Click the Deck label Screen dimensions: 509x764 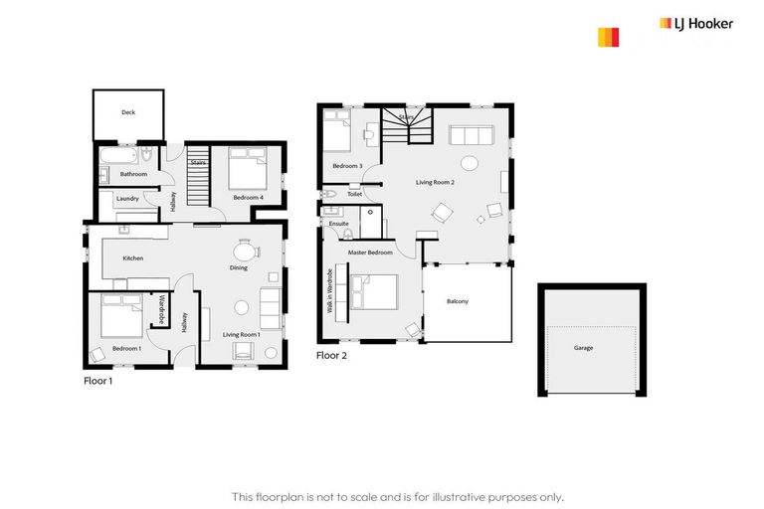(x=128, y=112)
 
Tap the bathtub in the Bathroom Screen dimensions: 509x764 (x=120, y=156)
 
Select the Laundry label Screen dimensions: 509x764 (x=127, y=198)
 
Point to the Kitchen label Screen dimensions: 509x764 (x=133, y=258)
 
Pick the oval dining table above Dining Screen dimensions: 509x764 (x=245, y=252)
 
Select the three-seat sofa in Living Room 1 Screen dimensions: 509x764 (x=270, y=307)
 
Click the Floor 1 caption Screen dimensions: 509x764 (x=97, y=380)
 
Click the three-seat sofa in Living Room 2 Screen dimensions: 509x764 (x=472, y=136)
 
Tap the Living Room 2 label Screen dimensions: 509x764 (x=435, y=182)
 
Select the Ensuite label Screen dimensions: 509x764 (x=339, y=224)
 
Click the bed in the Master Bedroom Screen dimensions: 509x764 (x=375, y=293)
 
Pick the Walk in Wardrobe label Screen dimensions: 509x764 (x=329, y=293)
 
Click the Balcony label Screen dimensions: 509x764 (x=458, y=301)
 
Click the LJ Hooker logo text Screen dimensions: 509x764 (x=696, y=23)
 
